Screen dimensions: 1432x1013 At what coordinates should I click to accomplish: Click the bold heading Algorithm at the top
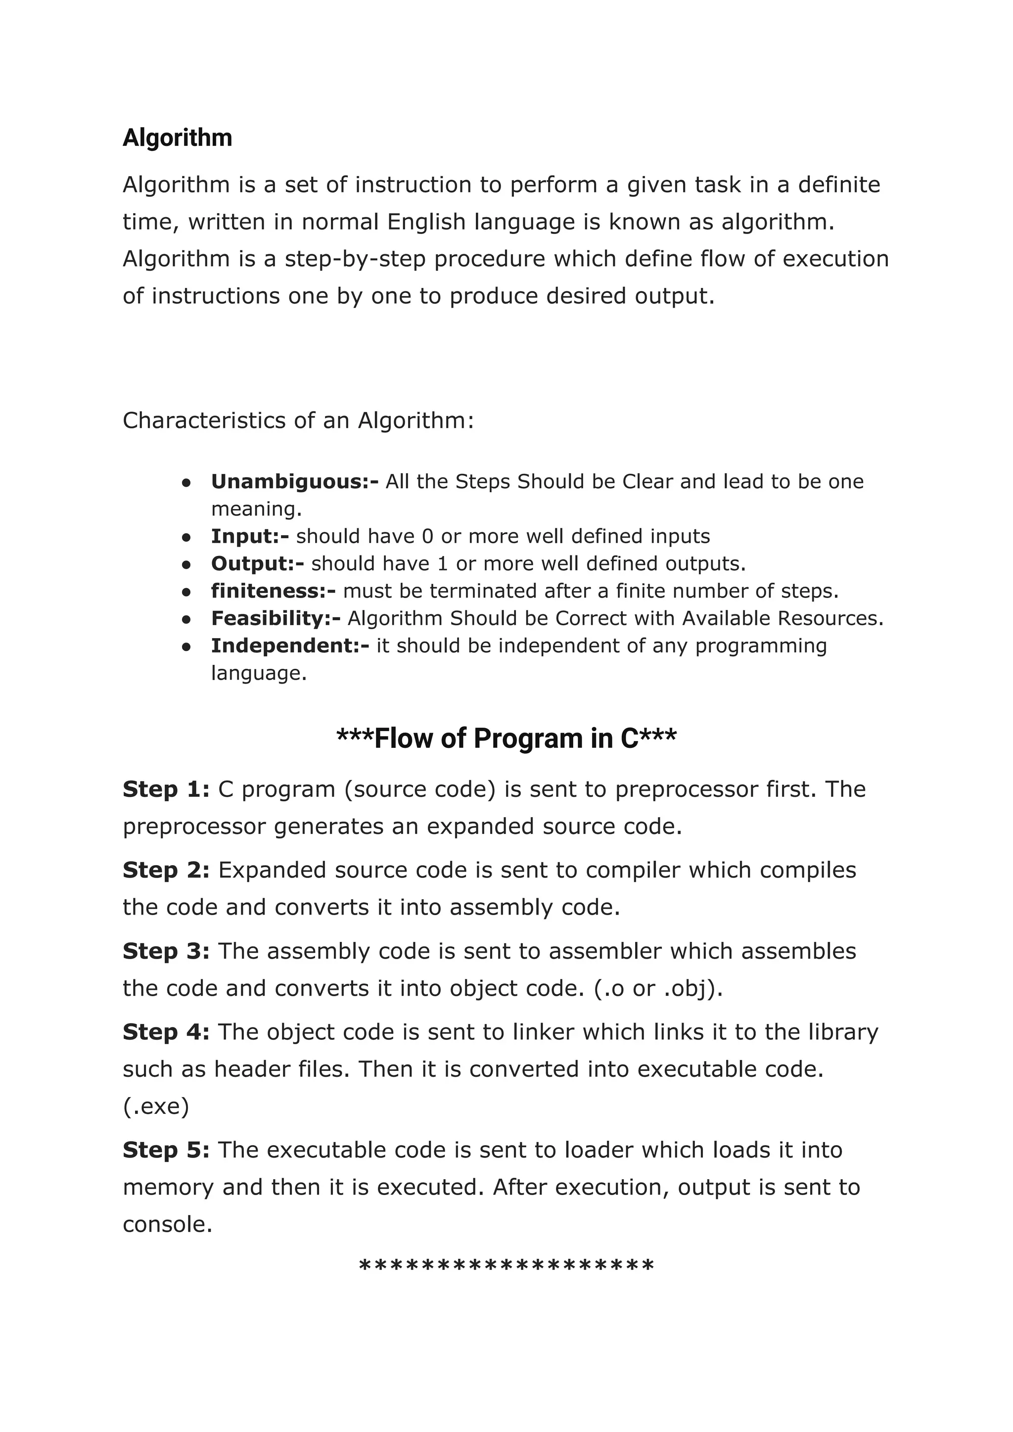(177, 138)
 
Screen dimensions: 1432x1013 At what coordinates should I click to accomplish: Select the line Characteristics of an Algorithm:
(298, 420)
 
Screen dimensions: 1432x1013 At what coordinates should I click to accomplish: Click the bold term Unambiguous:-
(294, 481)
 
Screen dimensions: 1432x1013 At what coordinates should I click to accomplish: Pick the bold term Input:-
(249, 536)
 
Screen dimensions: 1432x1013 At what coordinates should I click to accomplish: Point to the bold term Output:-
(257, 564)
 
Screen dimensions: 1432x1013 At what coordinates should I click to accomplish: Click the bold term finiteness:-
(273, 591)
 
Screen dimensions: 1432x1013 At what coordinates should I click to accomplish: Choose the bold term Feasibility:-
(276, 619)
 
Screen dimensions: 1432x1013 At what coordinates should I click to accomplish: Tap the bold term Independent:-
(290, 646)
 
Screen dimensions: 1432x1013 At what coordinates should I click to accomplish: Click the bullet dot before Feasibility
(186, 619)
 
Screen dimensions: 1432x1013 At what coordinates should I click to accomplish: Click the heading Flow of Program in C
(506, 739)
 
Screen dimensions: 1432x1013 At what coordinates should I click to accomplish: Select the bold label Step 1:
(166, 789)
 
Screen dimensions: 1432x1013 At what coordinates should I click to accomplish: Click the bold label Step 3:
(166, 951)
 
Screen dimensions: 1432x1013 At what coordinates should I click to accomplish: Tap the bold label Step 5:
(166, 1150)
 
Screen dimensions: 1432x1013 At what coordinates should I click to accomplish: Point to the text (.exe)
(156, 1107)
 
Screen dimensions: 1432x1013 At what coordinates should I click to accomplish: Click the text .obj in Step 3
(687, 989)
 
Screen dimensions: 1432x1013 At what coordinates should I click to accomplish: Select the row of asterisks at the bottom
(506, 1268)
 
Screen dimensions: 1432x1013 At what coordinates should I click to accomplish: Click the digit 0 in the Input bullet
(427, 536)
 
